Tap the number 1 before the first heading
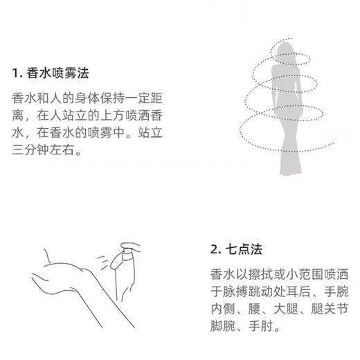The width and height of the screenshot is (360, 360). tap(15, 73)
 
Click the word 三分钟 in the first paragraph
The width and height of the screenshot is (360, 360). tap(32, 147)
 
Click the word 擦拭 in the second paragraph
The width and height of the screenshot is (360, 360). tap(262, 271)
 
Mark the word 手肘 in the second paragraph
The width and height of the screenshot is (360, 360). tap(264, 323)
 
